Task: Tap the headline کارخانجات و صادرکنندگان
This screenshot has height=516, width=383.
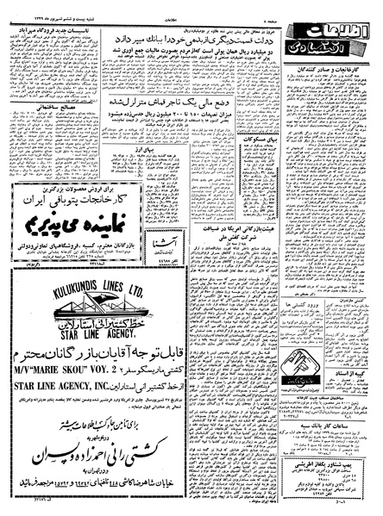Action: point(333,65)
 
